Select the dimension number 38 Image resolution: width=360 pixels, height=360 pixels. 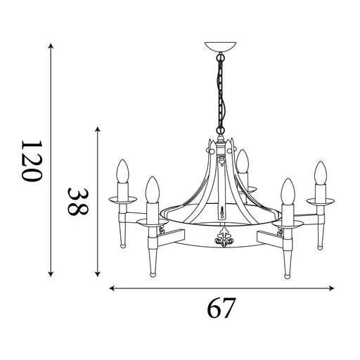pyautogui.click(x=77, y=200)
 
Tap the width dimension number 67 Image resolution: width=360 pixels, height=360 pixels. pyautogui.click(x=221, y=308)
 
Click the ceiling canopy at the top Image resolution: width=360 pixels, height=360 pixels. pyautogui.click(x=219, y=49)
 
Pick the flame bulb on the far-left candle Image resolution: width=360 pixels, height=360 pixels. pyautogui.click(x=122, y=172)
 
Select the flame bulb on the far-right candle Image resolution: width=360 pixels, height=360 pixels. pyautogui.click(x=321, y=174)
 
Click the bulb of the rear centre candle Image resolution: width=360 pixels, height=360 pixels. pyautogui.click(x=243, y=161)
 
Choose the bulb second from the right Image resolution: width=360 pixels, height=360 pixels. pyautogui.click(x=286, y=191)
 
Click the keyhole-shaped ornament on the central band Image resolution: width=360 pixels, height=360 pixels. pyautogui.click(x=223, y=209)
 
